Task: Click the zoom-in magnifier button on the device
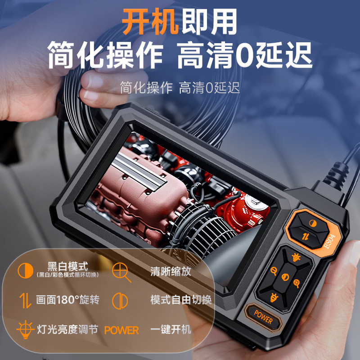(x=296, y=283)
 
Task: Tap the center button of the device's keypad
(x=285, y=277)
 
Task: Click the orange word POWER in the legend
(x=121, y=330)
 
